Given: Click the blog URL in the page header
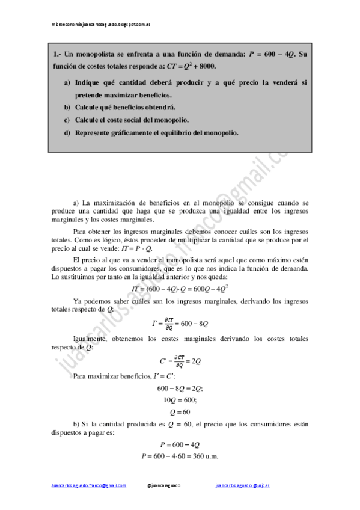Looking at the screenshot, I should click(x=100, y=24).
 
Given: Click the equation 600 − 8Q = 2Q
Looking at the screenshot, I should click(x=180, y=388).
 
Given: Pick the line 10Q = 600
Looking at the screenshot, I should click(x=180, y=399).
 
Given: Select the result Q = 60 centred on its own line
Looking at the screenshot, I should click(x=180, y=412).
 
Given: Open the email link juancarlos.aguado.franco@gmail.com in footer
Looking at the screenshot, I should click(x=88, y=485).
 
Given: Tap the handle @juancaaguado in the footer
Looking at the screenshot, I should click(x=163, y=485).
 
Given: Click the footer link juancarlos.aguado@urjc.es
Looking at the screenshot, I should click(x=242, y=485).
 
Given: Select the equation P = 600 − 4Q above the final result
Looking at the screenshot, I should click(x=180, y=444).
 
